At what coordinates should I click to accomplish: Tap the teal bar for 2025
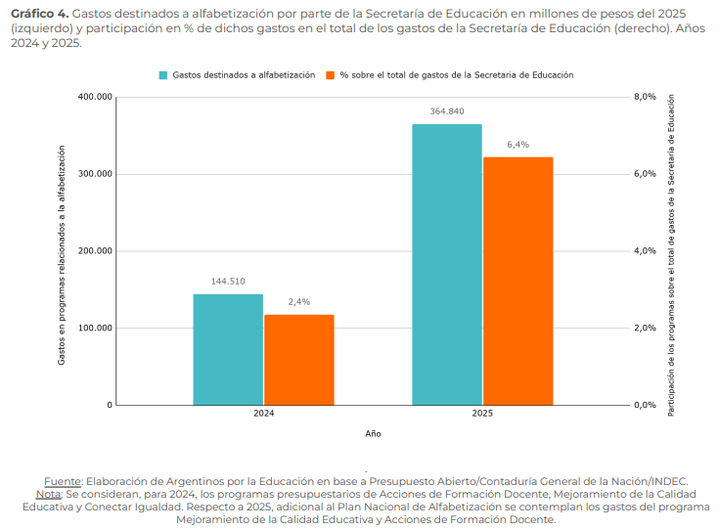[x=447, y=264]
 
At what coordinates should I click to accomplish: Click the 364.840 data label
[x=447, y=111]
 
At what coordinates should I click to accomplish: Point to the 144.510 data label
[x=228, y=282]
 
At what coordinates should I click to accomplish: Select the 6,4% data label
[x=517, y=145]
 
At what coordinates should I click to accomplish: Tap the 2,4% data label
[x=299, y=302]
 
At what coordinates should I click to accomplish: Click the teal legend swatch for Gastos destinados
[x=163, y=74]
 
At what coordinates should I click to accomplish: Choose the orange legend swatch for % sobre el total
[x=331, y=74]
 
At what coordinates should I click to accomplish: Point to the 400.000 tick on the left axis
[x=95, y=97]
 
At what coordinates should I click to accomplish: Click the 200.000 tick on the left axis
[x=95, y=251]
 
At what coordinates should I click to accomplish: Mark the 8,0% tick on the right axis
[x=646, y=97]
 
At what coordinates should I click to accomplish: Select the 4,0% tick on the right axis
[x=646, y=251]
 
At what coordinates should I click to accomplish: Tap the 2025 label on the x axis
[x=482, y=415]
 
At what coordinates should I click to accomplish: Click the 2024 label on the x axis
[x=263, y=415]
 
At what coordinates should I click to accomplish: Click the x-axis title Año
[x=373, y=432]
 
